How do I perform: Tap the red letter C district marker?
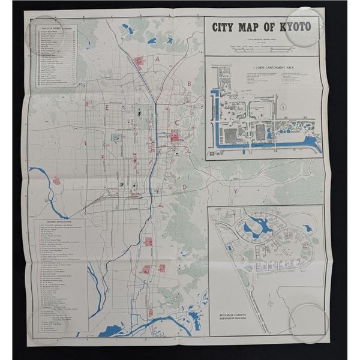click(178, 122)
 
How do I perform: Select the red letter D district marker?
click(184, 187)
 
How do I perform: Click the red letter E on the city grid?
click(107, 109)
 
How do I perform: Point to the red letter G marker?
click(139, 61)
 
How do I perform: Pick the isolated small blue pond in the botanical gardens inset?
click(307, 228)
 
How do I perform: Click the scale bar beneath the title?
click(264, 45)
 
